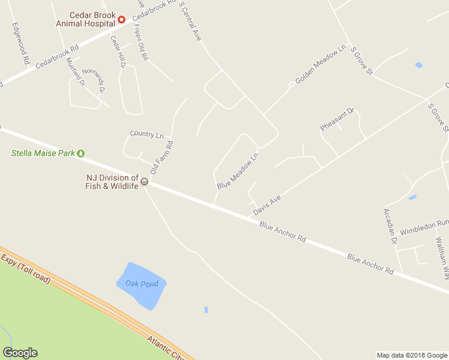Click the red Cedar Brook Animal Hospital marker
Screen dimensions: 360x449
point(121,19)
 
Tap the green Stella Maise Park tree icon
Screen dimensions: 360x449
point(80,153)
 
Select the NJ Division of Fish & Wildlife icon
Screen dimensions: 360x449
point(144,182)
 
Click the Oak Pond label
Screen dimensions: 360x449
point(142,283)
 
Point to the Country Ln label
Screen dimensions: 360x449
point(146,135)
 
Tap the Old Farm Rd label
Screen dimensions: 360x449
point(161,157)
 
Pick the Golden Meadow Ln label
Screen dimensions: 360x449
point(321,64)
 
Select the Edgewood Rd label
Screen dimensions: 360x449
point(20,44)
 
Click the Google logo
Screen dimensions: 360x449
point(20,353)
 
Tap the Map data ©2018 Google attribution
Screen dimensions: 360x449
point(412,355)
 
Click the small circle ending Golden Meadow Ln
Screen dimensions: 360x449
point(291,84)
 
